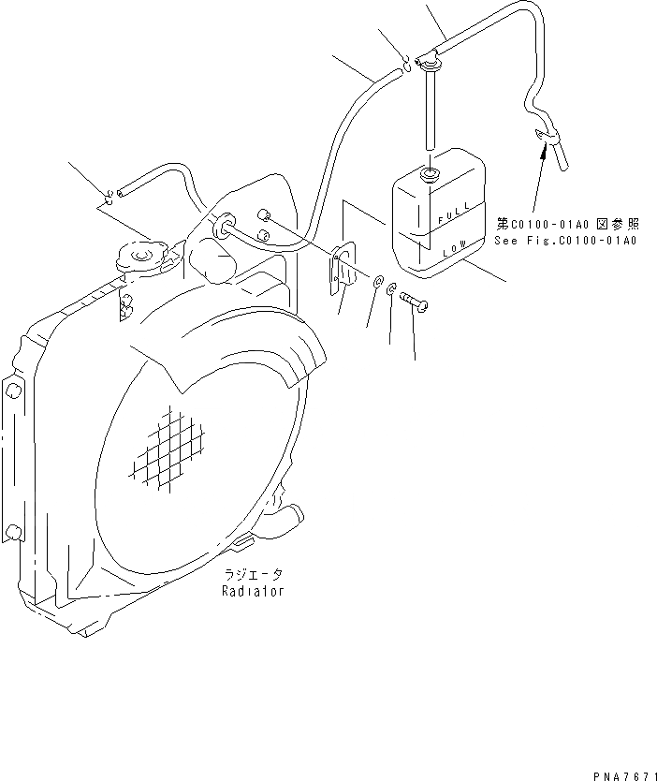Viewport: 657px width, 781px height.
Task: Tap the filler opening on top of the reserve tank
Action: coord(431,174)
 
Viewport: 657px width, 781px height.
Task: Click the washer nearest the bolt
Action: coord(391,288)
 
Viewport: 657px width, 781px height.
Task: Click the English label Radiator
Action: coord(252,592)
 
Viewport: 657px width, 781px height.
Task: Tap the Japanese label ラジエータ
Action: coord(252,575)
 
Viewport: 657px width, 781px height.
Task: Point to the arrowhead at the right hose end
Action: coord(542,141)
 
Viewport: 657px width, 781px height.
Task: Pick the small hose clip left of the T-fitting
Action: coord(406,63)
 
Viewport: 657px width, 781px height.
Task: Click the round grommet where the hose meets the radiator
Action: coord(223,226)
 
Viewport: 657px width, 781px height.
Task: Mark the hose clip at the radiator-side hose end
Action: coord(110,196)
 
